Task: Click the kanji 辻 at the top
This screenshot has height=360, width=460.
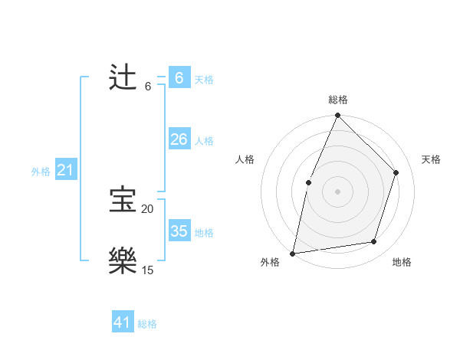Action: point(123,78)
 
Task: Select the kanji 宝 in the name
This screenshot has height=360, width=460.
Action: point(123,201)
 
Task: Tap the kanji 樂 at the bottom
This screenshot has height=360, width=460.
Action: point(123,261)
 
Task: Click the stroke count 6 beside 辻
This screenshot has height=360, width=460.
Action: point(147,87)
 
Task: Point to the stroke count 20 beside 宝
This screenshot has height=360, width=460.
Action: point(147,209)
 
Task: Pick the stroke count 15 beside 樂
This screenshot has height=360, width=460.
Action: point(147,270)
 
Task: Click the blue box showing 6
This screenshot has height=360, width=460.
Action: point(179,78)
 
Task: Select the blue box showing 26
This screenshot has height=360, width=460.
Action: point(179,139)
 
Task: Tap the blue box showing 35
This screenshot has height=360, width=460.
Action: point(179,231)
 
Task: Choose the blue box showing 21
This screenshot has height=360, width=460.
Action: point(65,171)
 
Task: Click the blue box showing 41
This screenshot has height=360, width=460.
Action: point(123,322)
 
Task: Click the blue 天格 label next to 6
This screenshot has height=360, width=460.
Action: point(204,80)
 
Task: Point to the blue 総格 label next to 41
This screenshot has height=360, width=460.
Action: point(147,324)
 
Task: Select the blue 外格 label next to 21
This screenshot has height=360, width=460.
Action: point(41,172)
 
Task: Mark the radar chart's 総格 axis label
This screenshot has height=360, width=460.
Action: point(337,100)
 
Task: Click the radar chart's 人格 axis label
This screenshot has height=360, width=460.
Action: point(245,159)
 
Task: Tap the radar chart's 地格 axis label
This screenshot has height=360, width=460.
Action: point(402,262)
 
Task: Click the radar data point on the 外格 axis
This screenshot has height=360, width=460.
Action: point(293,253)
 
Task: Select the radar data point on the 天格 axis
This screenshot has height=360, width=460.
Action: point(396,172)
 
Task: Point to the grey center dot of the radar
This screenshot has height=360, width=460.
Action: point(337,191)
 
